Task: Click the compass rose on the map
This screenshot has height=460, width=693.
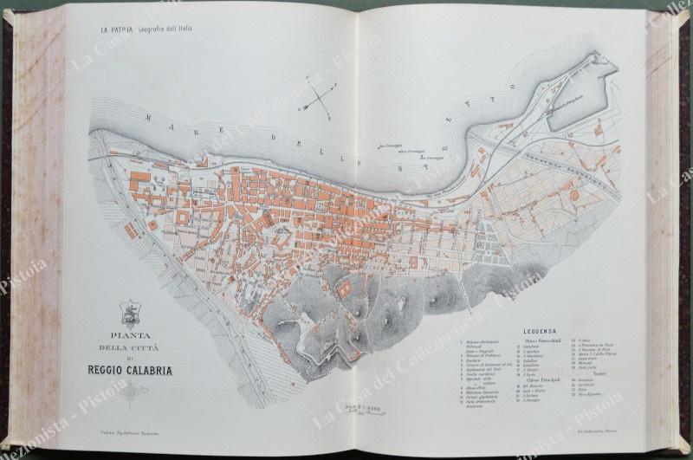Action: (x=317, y=99)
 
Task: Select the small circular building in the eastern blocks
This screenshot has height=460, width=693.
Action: (x=574, y=198)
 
